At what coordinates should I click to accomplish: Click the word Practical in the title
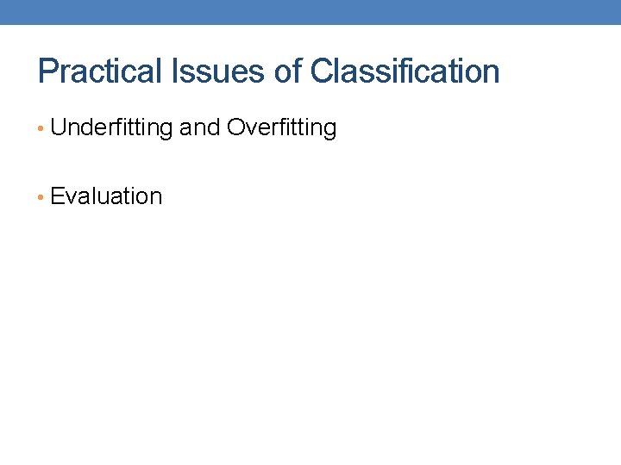(96, 71)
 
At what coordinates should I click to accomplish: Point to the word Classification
(405, 71)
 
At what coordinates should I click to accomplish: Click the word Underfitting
(111, 128)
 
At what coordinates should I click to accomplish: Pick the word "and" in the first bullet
(199, 128)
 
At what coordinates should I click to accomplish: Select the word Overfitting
(281, 128)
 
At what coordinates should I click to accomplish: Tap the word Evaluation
(106, 196)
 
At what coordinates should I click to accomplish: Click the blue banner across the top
(310, 12)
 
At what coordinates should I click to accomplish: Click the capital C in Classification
(321, 71)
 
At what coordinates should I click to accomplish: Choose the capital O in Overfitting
(235, 128)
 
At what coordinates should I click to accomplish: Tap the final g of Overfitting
(329, 131)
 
